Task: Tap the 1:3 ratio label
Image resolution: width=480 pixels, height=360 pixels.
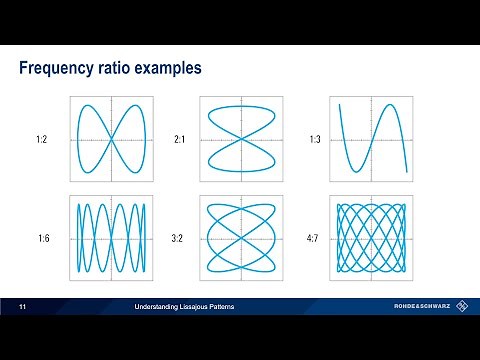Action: (315, 140)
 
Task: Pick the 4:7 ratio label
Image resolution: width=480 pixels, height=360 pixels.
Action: (315, 239)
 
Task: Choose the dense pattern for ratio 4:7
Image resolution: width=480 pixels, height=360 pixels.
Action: (373, 238)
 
